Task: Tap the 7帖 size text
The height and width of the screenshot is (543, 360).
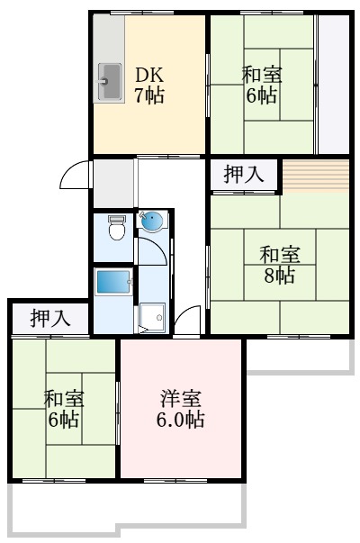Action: click(149, 96)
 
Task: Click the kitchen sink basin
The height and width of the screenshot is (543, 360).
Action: click(110, 83)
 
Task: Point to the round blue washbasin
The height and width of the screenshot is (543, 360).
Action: click(150, 222)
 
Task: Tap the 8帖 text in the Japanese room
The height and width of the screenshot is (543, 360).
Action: click(279, 276)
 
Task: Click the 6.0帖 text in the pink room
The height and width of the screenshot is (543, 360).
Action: click(181, 419)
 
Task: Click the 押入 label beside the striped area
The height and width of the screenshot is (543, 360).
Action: click(244, 174)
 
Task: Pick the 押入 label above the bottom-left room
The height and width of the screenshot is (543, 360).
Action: click(49, 317)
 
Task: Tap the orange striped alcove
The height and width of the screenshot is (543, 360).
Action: click(315, 176)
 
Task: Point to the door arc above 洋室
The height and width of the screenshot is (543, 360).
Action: click(187, 321)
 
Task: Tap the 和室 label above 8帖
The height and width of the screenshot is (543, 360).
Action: click(279, 255)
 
